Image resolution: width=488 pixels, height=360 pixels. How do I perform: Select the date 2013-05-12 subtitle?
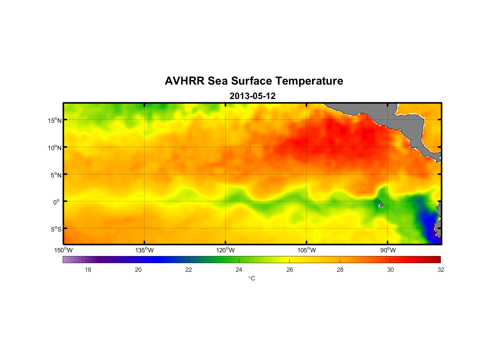[252, 96]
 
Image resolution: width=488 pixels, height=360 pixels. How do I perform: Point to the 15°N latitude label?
[55, 120]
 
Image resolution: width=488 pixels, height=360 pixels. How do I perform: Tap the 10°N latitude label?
[55, 148]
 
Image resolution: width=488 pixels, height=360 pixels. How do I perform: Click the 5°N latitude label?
[56, 175]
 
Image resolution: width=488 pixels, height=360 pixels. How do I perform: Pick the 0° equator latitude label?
[57, 202]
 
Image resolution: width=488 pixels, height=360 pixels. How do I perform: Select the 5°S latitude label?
[56, 229]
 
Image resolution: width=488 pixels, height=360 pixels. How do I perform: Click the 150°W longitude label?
[64, 250]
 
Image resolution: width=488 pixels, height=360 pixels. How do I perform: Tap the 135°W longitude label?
[145, 250]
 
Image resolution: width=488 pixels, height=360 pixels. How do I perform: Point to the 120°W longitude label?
[226, 250]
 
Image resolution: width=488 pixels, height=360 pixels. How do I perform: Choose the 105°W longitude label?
[307, 250]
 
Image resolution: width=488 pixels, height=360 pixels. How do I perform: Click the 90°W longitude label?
[388, 250]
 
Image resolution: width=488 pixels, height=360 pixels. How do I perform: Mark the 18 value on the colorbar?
[88, 270]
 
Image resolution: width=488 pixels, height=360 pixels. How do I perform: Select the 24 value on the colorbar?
[239, 270]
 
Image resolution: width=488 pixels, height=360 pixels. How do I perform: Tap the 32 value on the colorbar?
[441, 270]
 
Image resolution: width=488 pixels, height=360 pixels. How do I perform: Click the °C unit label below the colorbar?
[252, 278]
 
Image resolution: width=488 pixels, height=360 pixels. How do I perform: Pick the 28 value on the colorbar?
[340, 270]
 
